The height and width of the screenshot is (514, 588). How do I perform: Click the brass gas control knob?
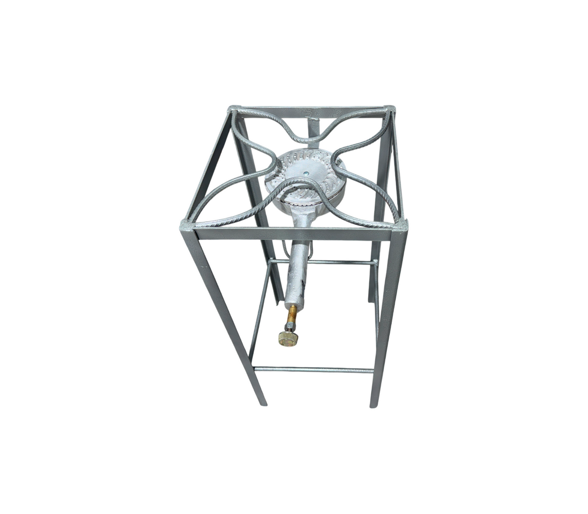click(287, 337)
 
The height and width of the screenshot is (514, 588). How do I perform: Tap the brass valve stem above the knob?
click(292, 317)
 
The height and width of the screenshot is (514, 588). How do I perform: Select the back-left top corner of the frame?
click(234, 109)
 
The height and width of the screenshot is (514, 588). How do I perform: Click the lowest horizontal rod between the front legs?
click(314, 370)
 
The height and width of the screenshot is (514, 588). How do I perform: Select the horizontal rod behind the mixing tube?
click(339, 262)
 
